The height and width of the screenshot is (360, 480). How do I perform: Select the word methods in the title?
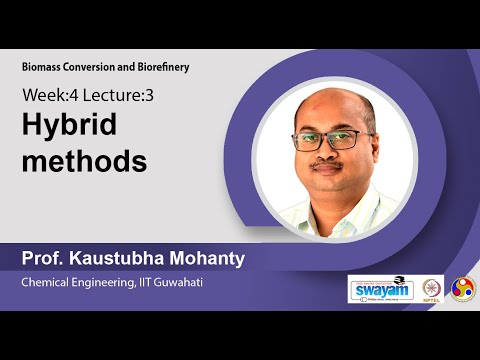click(x=85, y=160)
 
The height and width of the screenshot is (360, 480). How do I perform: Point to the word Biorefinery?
click(x=160, y=67)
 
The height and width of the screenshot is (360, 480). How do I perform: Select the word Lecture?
click(x=112, y=96)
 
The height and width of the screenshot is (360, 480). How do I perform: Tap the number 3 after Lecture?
click(x=151, y=96)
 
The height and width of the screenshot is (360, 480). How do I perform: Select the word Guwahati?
click(x=198, y=283)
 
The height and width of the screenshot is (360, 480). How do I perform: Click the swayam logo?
click(x=380, y=288)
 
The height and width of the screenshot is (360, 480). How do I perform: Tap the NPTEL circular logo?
click(x=432, y=288)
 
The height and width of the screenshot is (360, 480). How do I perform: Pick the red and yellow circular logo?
click(x=463, y=288)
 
